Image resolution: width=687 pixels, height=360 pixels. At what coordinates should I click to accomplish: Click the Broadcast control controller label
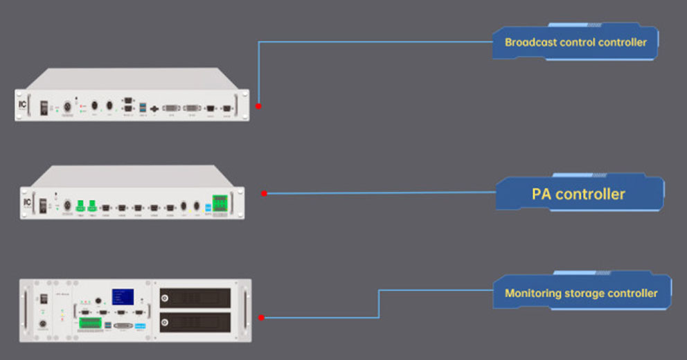point(576,43)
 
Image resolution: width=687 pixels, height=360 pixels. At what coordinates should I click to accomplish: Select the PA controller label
point(578,194)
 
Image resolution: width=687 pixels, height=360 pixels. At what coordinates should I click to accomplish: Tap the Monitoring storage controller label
point(581,294)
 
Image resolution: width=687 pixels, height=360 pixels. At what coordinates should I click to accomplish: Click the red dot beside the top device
point(258,107)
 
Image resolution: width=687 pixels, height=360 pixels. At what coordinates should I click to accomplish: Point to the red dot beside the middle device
point(264,193)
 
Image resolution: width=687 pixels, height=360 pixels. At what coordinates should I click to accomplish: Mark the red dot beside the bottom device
point(261,318)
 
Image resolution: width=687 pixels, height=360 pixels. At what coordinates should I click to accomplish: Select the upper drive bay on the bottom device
point(195,298)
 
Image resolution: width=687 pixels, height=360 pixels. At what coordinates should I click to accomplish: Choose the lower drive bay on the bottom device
point(195,322)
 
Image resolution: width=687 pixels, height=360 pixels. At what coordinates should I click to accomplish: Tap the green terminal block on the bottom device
point(89,322)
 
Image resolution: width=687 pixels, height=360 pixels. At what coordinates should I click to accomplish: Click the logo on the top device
point(23,107)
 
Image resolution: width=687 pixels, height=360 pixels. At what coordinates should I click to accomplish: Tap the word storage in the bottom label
point(586,294)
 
